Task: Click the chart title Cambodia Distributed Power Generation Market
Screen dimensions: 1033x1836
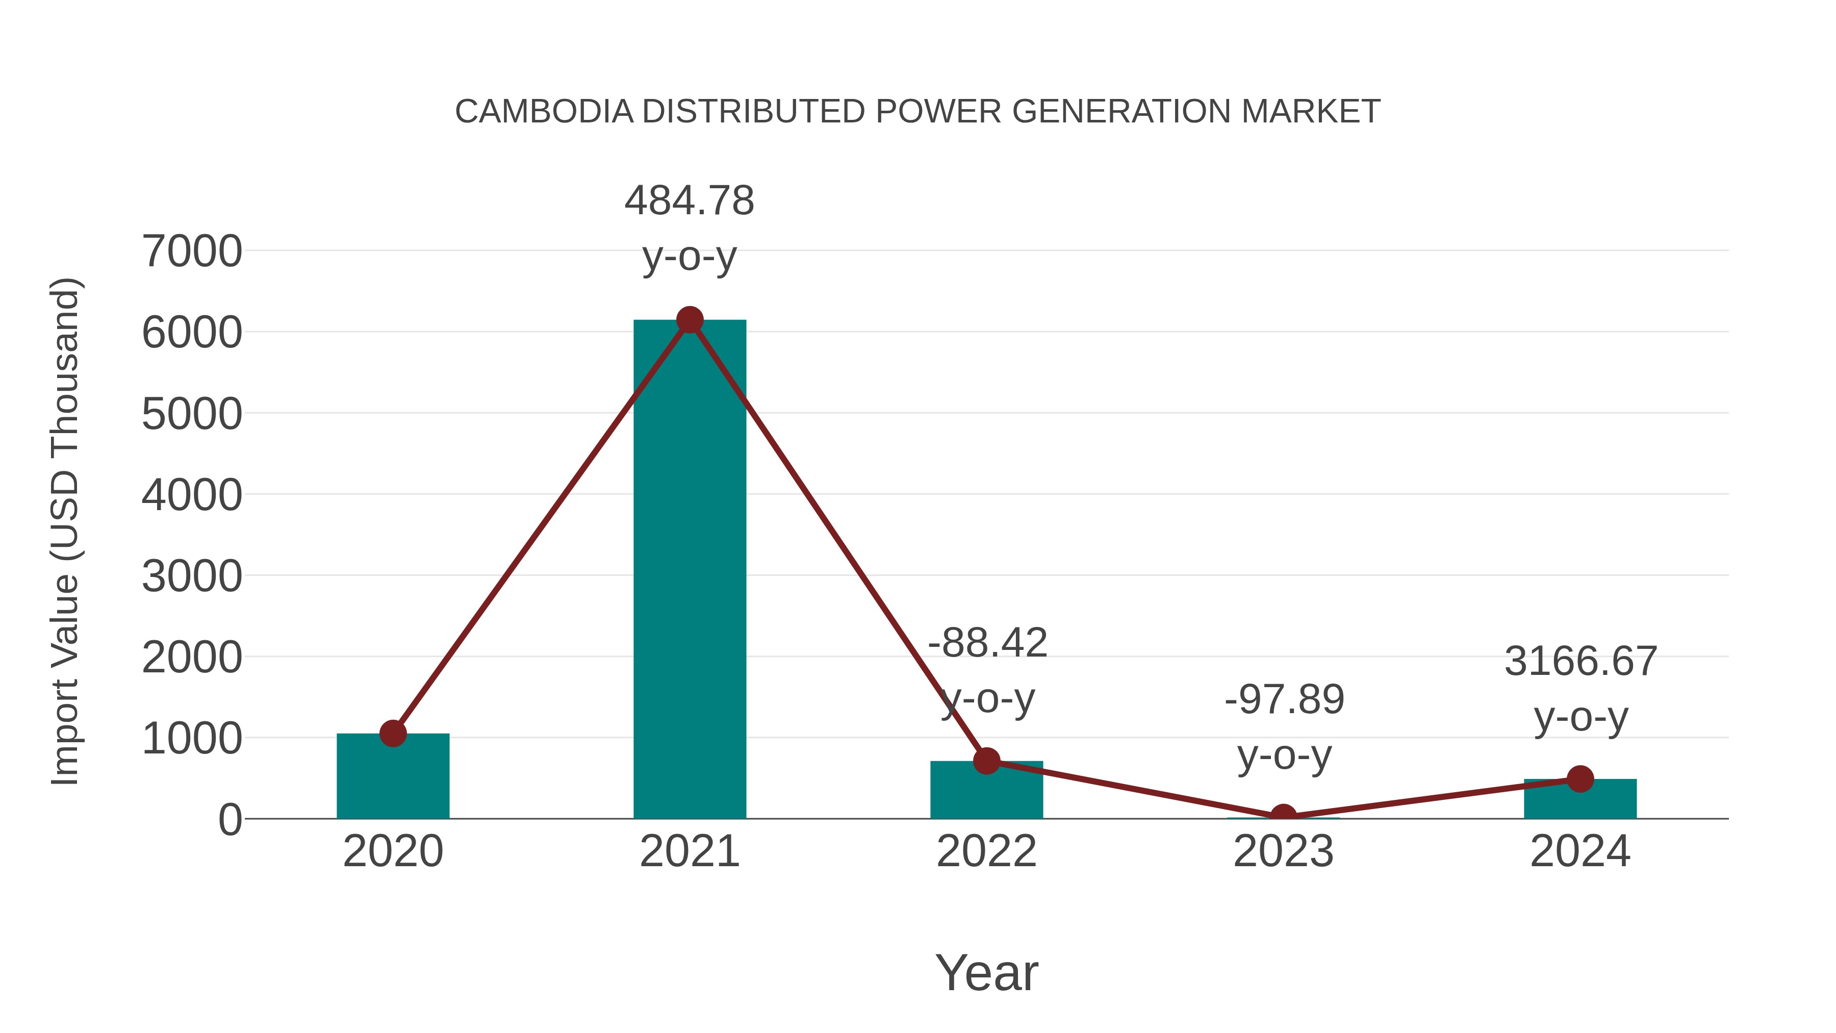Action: point(917,112)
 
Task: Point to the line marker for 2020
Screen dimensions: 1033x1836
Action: point(393,733)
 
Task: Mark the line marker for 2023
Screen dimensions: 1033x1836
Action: point(1283,816)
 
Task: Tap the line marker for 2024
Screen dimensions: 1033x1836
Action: point(1580,779)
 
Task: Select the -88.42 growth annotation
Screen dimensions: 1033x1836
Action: point(987,670)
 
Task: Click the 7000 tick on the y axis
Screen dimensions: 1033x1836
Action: point(192,251)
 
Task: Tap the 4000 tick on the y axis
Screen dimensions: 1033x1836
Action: point(192,495)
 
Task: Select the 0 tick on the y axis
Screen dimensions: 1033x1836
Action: point(229,819)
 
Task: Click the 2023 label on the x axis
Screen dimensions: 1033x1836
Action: point(1283,851)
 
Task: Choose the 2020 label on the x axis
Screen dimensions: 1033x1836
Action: point(393,851)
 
